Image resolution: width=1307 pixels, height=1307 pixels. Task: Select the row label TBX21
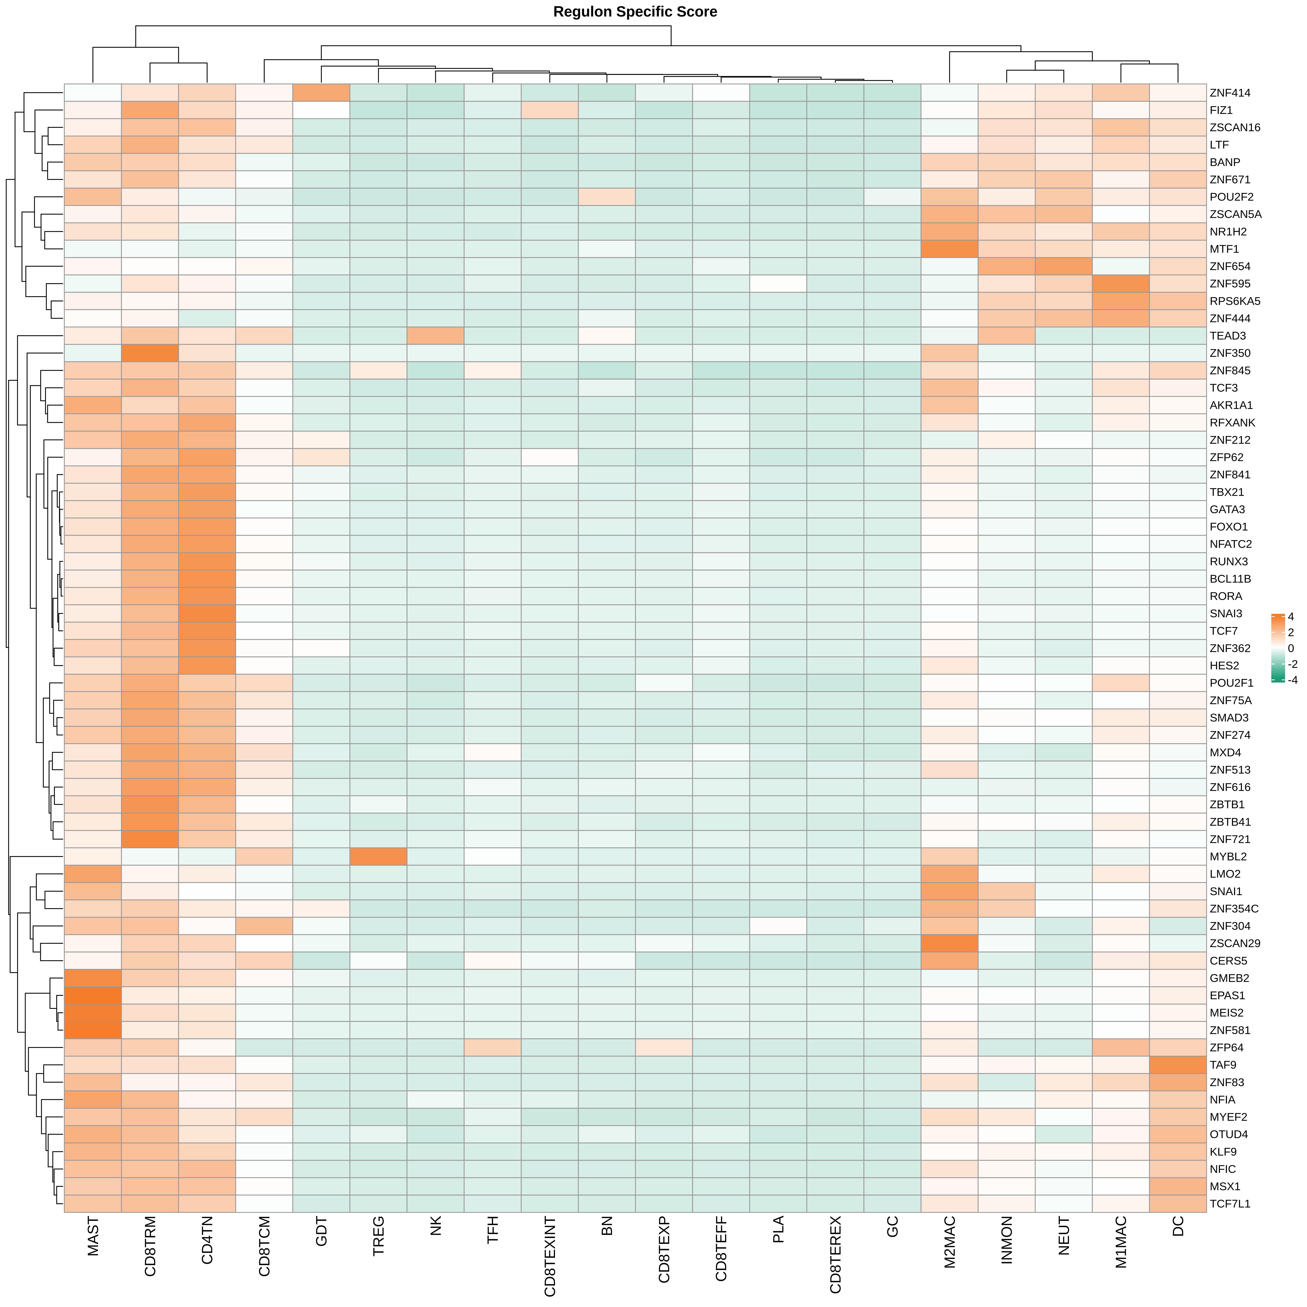click(x=1226, y=492)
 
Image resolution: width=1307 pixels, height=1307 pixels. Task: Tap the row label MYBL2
click(x=1228, y=856)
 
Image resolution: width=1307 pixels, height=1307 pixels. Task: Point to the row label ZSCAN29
click(x=1235, y=943)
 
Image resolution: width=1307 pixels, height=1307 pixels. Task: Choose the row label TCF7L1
click(x=1230, y=1203)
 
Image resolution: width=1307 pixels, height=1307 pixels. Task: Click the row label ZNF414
click(x=1230, y=93)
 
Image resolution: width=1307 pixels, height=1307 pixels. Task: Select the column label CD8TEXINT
click(x=550, y=1257)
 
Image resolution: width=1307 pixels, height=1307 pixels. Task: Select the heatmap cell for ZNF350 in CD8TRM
click(x=150, y=353)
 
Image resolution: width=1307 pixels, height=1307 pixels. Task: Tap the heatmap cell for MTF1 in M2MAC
click(x=950, y=249)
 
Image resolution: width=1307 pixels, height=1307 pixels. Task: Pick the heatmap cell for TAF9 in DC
click(x=1178, y=1065)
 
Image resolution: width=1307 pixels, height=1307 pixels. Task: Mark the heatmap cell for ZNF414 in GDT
click(x=321, y=93)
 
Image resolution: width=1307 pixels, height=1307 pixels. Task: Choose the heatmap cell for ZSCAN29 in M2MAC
click(x=950, y=943)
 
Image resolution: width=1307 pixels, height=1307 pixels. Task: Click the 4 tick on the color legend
click(x=1291, y=616)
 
